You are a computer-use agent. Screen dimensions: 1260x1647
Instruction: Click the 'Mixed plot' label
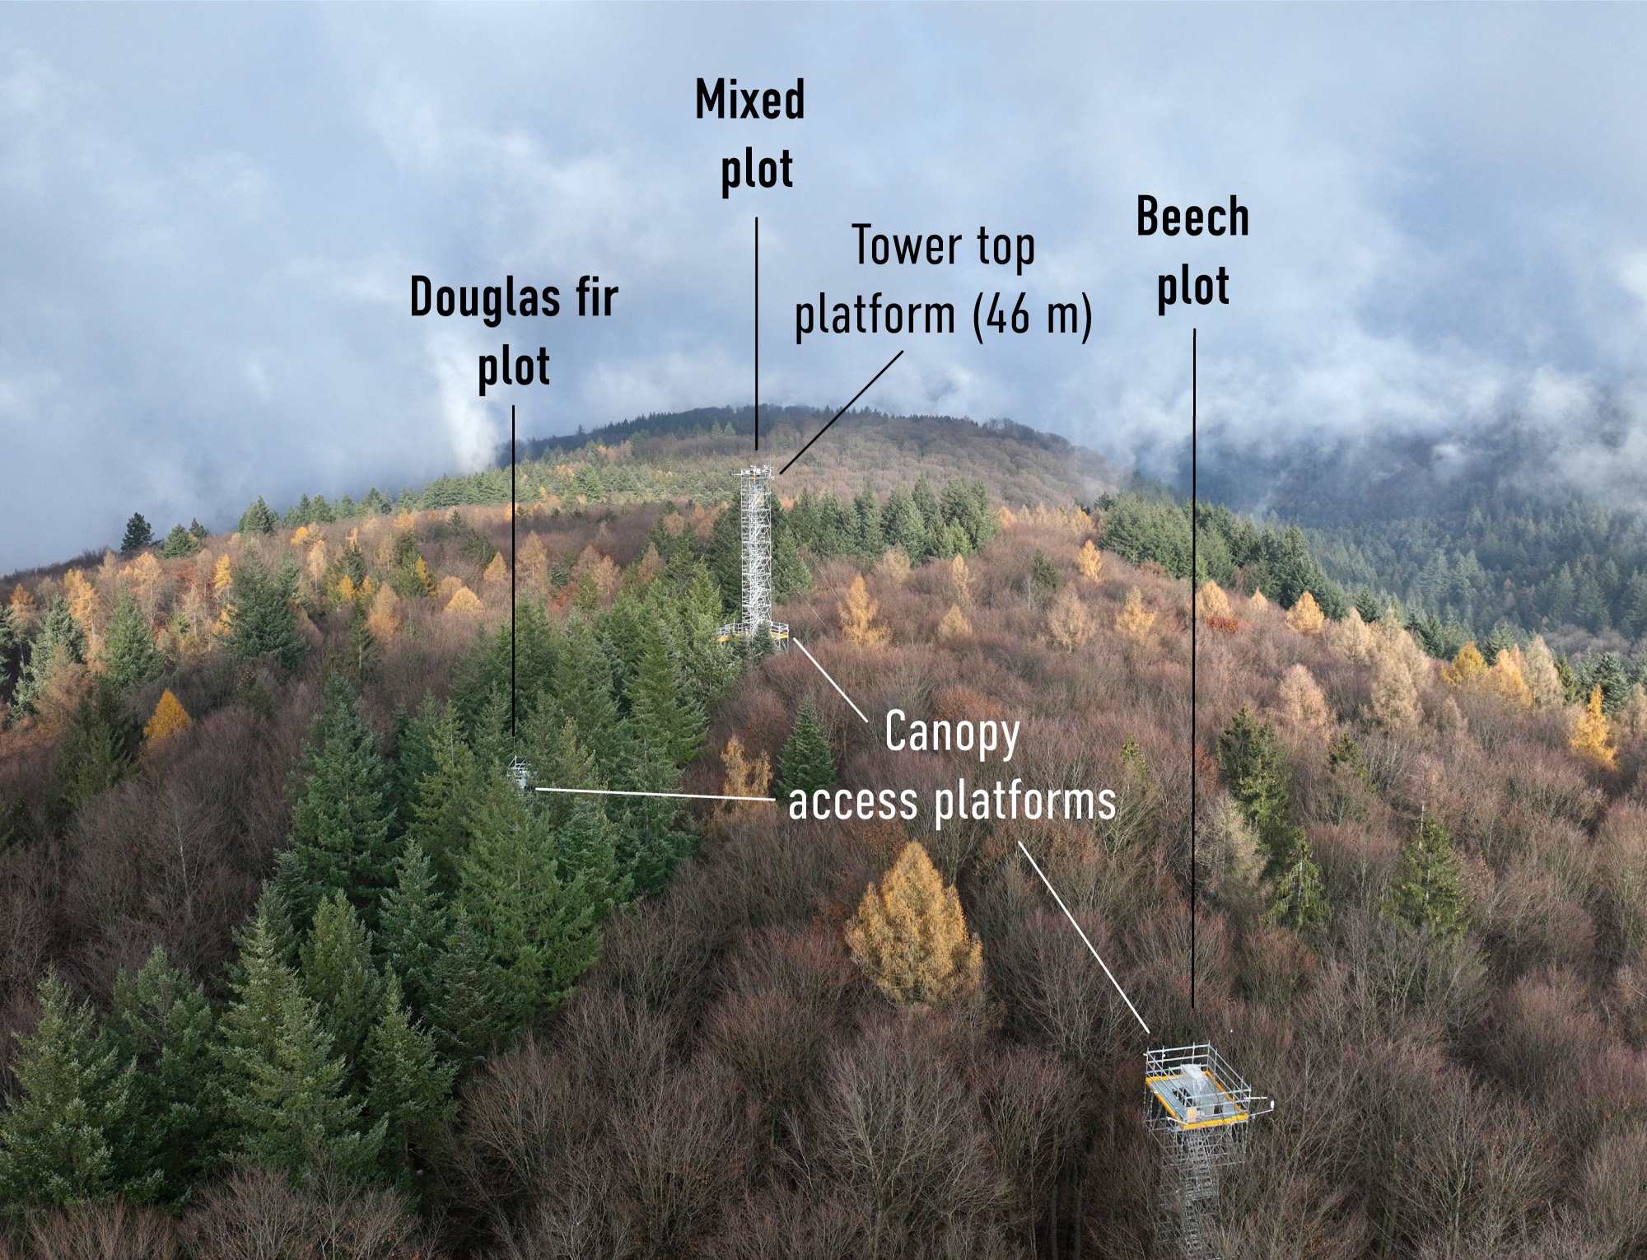pos(750,136)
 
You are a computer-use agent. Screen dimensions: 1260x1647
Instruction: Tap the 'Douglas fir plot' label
pos(514,331)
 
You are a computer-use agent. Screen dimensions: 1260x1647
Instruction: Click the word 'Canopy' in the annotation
pos(951,733)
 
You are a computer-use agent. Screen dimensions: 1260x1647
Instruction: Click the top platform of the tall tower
pos(757,472)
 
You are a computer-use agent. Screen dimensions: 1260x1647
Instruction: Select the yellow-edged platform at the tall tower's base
pos(754,632)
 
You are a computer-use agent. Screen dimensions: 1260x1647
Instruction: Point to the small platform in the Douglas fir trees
pos(519,773)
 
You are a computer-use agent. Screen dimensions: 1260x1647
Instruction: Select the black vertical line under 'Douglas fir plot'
pos(513,576)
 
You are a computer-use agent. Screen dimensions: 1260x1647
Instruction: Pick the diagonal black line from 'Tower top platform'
pos(840,412)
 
